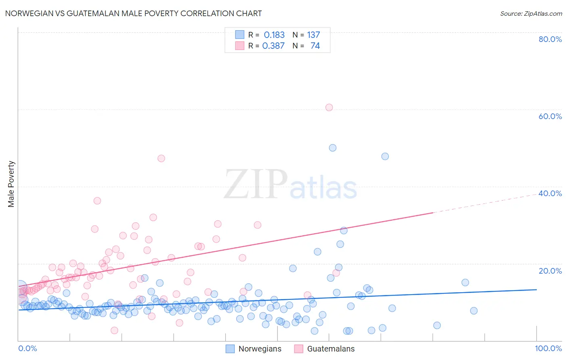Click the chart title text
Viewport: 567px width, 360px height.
pos(133,13)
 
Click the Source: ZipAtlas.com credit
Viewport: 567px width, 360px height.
pos(531,13)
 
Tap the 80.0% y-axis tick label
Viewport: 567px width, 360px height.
pos(550,39)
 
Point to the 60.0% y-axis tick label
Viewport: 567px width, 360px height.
pos(550,116)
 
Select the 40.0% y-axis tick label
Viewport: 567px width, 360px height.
pos(550,193)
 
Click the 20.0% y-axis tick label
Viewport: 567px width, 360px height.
pos(550,271)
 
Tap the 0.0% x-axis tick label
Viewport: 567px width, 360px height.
pos(27,348)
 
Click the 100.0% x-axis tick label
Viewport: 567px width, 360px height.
pos(548,348)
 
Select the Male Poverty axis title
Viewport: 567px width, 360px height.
pos(11,184)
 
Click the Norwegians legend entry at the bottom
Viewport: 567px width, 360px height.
pos(253,349)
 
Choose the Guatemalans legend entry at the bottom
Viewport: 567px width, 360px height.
pos(324,349)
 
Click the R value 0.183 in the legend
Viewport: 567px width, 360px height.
pos(274,35)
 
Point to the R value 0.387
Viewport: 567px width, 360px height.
pos(273,46)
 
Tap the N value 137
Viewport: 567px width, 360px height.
pos(313,35)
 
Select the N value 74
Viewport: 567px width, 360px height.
pos(315,46)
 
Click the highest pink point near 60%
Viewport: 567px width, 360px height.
pos(329,107)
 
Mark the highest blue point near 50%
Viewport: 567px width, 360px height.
pos(333,148)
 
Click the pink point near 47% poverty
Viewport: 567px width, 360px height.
pos(161,158)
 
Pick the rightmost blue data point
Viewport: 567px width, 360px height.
pos(474,310)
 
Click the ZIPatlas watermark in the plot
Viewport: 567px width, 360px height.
pos(290,184)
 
